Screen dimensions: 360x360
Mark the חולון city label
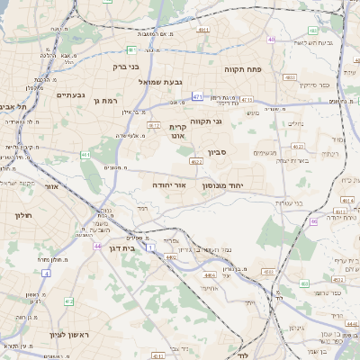click(23, 216)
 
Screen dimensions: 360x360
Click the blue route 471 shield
click(197, 96)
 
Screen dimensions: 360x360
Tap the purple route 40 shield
click(271, 40)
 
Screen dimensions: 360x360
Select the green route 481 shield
click(132, 50)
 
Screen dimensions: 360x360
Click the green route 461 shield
click(85, 155)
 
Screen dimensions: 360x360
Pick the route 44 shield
click(96, 245)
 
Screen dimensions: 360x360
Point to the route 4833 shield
click(289, 78)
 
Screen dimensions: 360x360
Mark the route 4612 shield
click(153, 125)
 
